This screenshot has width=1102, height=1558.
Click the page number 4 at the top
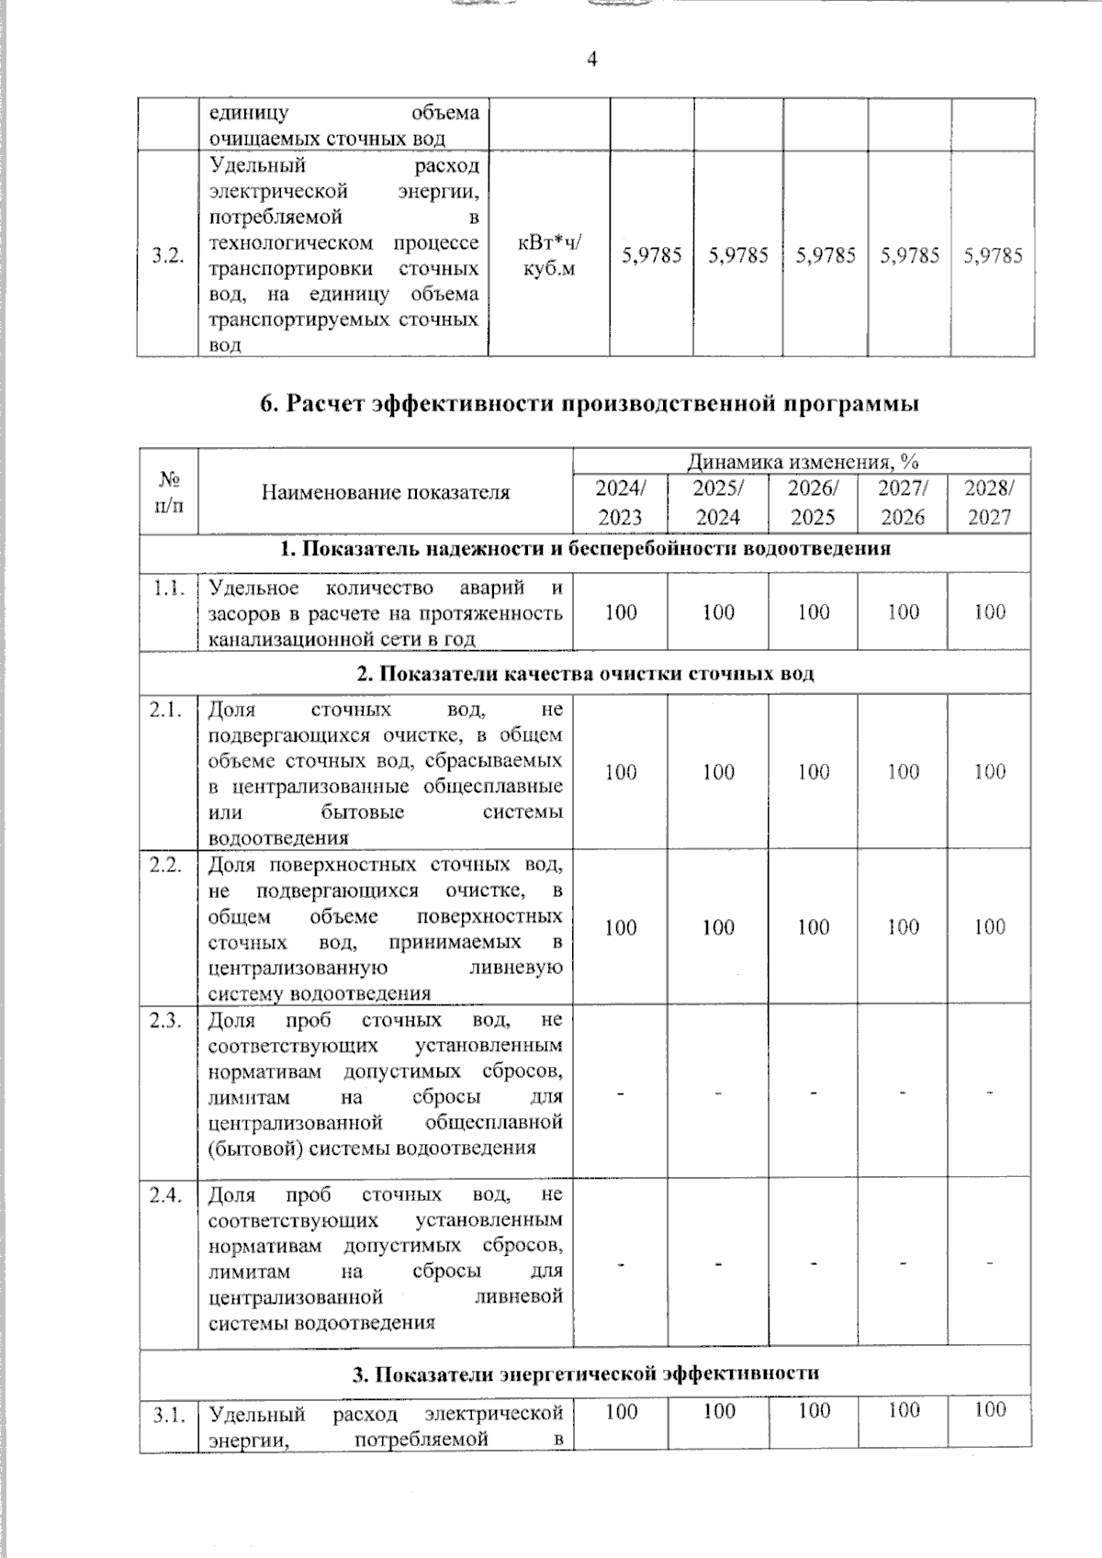click(x=591, y=60)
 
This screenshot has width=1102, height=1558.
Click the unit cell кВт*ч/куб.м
click(x=549, y=256)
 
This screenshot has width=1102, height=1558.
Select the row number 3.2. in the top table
click(x=168, y=256)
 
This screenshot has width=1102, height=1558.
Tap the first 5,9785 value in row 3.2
click(x=651, y=256)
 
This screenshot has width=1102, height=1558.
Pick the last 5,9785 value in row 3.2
click(x=993, y=256)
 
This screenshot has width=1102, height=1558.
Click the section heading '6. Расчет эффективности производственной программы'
click(x=590, y=404)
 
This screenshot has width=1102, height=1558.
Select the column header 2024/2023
click(x=620, y=502)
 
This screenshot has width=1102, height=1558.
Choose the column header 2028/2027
click(x=989, y=502)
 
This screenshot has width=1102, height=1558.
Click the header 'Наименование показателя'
click(x=386, y=492)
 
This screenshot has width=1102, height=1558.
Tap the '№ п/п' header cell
click(x=168, y=492)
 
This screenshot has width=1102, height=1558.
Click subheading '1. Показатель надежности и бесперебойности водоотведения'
click(x=585, y=549)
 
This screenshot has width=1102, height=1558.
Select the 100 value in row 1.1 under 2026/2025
click(x=813, y=612)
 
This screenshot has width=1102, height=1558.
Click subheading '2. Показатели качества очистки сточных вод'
click(x=585, y=674)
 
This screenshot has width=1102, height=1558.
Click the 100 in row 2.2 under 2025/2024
click(x=718, y=927)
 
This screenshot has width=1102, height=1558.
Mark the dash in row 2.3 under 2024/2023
click(x=620, y=1093)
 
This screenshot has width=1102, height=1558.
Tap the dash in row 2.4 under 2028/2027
click(x=989, y=1264)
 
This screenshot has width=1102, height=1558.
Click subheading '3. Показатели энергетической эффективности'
click(x=585, y=1373)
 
